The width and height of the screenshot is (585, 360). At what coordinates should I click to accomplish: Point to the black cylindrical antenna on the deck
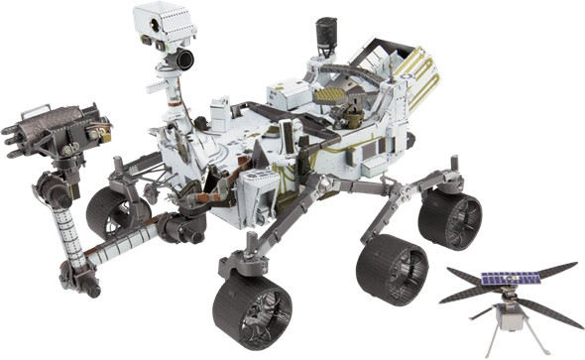tap(323, 39)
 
